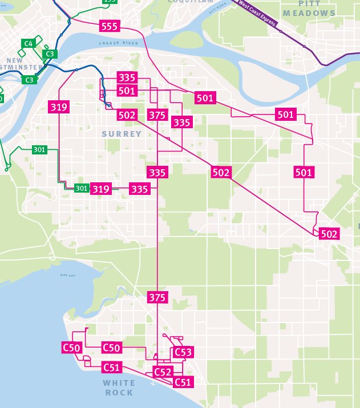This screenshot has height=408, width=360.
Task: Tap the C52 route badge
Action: point(163,372)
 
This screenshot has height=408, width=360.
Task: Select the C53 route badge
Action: point(183,352)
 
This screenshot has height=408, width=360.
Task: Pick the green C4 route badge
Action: point(28,43)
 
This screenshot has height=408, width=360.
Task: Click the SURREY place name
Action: point(122,134)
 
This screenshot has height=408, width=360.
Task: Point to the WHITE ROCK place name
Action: point(119,387)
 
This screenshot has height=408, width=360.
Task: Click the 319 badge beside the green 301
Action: point(101,189)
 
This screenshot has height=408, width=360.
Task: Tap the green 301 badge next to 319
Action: point(82,189)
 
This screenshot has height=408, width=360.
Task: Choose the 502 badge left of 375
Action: point(127,115)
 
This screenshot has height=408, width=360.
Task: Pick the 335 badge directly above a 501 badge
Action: point(127,77)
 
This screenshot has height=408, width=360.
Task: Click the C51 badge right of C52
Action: point(182,382)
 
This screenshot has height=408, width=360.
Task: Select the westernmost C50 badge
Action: point(71,347)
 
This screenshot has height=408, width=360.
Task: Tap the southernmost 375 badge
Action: point(157,297)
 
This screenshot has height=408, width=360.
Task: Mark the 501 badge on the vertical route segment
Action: point(304,172)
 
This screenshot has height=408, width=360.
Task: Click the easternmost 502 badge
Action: point(329,234)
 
